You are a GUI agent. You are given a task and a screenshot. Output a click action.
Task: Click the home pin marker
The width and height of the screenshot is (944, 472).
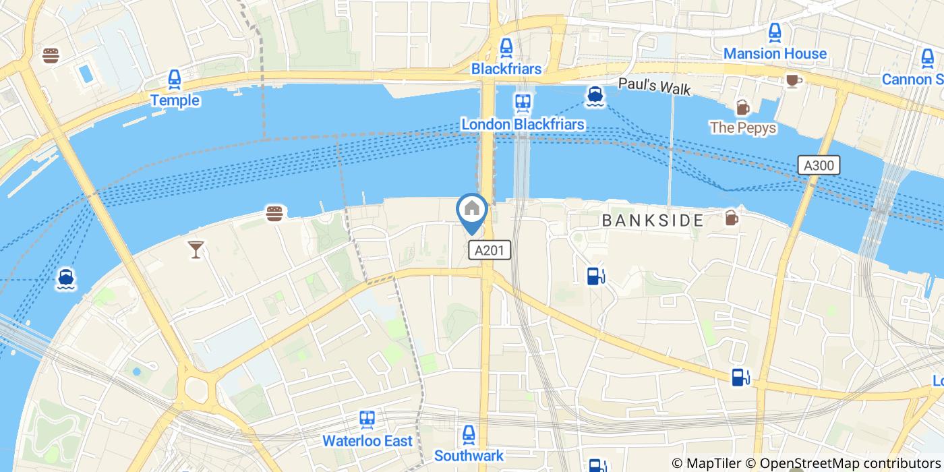coord(472,210)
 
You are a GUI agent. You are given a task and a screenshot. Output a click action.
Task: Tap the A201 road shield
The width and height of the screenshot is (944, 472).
coord(490,250)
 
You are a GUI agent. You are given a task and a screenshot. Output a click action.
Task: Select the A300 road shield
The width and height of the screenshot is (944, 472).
coord(818,165)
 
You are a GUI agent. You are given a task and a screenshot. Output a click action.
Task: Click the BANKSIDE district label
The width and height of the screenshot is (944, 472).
coord(653,220)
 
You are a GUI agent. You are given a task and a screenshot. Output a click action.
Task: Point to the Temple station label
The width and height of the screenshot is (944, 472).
coord(175,100)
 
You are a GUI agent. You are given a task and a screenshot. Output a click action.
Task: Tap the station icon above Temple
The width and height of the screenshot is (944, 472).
coord(175,80)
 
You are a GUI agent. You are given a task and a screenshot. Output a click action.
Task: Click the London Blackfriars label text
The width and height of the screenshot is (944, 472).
coord(523,125)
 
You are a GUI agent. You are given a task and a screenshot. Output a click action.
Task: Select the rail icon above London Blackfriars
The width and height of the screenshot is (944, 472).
coord(523,102)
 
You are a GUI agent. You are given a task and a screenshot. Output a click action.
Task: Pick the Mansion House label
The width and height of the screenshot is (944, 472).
coord(775,53)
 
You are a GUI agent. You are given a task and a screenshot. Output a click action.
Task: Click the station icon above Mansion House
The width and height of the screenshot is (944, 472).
coord(775,32)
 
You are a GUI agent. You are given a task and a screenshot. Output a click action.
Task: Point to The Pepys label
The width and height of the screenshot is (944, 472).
coord(742,127)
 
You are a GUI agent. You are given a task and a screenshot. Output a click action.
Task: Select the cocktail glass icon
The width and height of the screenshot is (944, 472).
coord(196,249)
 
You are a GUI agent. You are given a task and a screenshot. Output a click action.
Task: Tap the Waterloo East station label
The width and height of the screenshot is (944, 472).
coord(367,441)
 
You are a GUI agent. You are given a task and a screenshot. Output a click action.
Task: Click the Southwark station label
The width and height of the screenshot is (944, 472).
coord(469,456)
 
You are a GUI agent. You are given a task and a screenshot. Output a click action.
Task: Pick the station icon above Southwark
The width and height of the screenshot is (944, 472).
coord(469,434)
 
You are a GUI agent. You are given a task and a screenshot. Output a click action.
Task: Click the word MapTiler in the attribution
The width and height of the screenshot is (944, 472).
coord(713,463)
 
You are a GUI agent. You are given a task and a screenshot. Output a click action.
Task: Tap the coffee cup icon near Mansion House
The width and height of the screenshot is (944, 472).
coord(793,80)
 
